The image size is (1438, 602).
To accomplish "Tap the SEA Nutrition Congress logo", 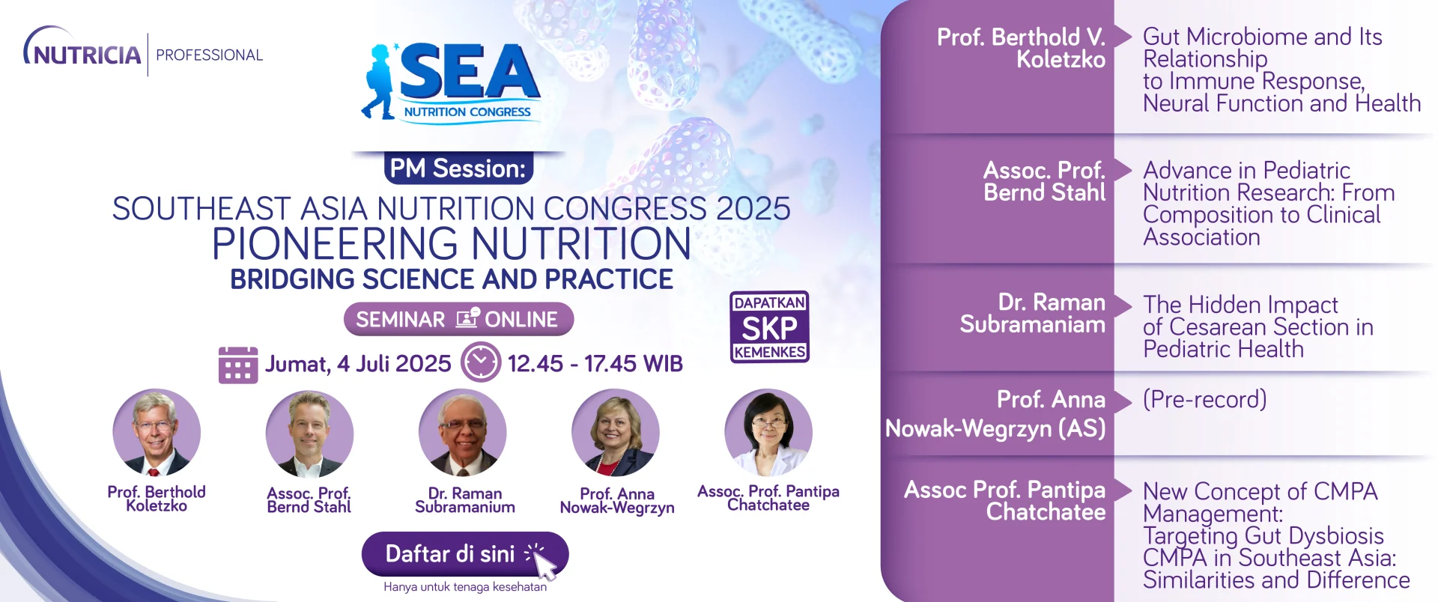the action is tap(451, 82).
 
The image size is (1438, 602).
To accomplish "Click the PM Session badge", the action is tap(458, 168).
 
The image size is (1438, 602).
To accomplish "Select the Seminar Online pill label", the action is tap(458, 320).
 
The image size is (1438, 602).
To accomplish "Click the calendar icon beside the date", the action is tap(238, 365).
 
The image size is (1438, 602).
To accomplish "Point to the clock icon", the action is tap(481, 362).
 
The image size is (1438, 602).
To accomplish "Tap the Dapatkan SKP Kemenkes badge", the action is tap(770, 327).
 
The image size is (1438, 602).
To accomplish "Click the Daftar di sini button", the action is tap(465, 555).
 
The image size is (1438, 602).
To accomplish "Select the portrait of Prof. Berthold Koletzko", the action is tap(157, 432).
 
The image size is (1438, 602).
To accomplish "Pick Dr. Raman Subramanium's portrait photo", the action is tap(463, 432).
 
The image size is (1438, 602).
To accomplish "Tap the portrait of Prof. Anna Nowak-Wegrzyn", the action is tap(616, 432).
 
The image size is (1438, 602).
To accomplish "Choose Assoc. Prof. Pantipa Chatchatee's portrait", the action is tap(768, 432).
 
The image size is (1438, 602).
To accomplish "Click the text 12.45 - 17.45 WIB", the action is tap(595, 364).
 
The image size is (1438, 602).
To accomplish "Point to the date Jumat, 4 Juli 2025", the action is tap(358, 364).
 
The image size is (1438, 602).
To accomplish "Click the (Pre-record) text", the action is tap(1205, 399).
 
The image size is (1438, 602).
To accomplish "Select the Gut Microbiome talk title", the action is tap(1281, 70).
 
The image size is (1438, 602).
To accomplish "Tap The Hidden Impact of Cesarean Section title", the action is tap(1258, 326).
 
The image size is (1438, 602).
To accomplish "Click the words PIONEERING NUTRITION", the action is tap(452, 244).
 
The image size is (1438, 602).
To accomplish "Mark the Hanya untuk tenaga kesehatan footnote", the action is tap(465, 587).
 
